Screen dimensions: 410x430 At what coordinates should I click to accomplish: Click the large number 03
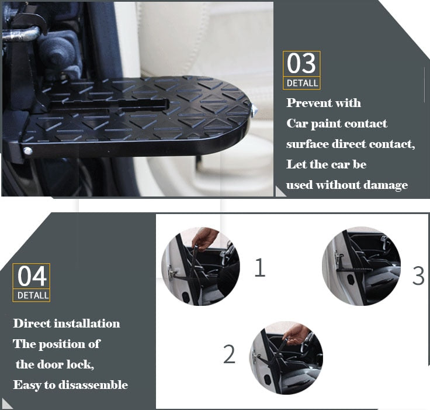point(301,63)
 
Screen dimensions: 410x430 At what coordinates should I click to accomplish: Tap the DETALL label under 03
point(302,83)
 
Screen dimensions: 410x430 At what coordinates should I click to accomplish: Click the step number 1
point(259,267)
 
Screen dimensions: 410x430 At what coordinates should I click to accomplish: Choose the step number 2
point(229,354)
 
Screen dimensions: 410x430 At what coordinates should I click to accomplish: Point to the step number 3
point(418,275)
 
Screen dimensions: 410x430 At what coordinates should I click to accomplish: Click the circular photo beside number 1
point(200,267)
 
